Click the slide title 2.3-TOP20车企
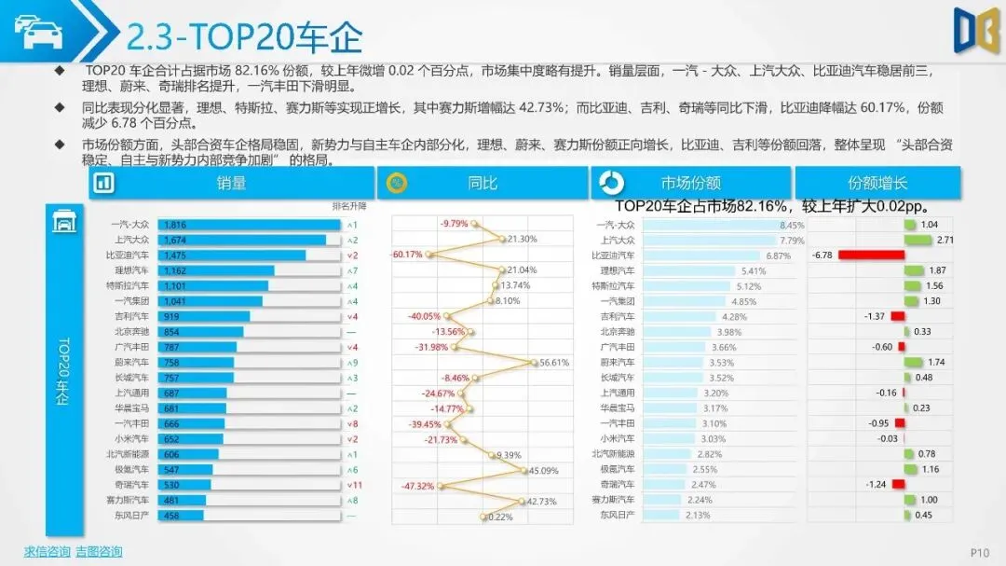click(244, 37)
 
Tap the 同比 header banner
click(482, 184)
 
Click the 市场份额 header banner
click(690, 184)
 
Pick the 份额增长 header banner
click(877, 184)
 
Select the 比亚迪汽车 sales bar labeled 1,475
click(231, 255)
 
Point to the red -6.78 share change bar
click(871, 255)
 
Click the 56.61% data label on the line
click(553, 363)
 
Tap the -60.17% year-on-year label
click(407, 255)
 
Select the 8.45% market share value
click(792, 225)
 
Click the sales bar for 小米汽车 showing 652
click(190, 438)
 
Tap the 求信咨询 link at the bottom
click(47, 552)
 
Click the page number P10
click(979, 553)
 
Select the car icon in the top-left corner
click(37, 32)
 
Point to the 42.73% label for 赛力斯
click(541, 501)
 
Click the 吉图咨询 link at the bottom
click(99, 552)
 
